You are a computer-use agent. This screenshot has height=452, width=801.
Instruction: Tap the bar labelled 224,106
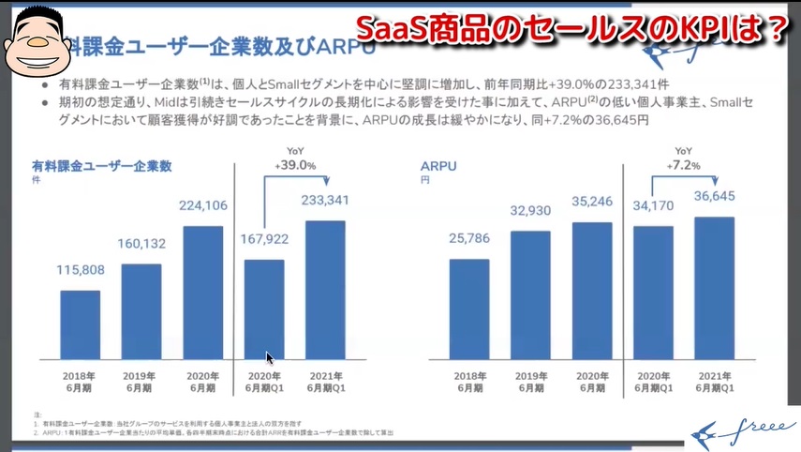[203, 293]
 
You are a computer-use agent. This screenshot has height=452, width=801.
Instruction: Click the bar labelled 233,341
[325, 290]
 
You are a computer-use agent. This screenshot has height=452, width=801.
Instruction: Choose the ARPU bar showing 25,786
[469, 309]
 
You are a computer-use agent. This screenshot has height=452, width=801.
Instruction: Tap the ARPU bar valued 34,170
[653, 293]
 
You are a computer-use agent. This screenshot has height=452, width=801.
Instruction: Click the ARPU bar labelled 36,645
[715, 288]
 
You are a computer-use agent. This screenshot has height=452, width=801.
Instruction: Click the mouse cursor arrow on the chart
[270, 357]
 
